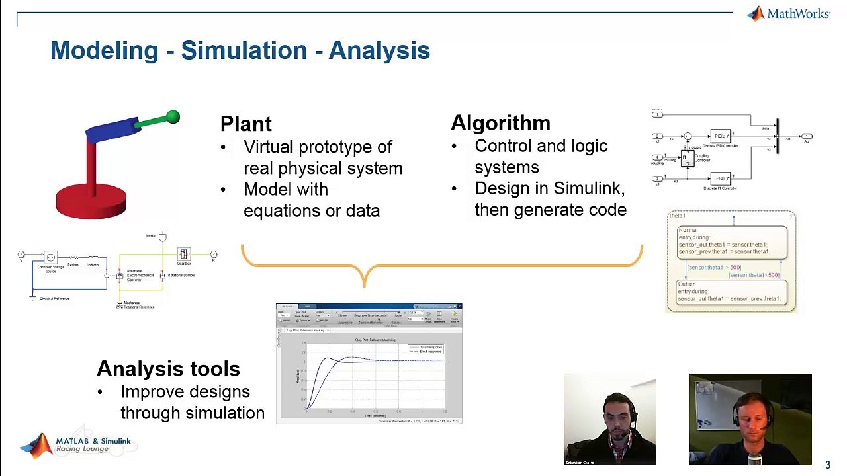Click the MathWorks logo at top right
pos(789,14)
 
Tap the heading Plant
pos(245,124)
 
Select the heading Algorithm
pos(500,123)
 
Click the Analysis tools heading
pos(168,369)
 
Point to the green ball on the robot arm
pos(173,117)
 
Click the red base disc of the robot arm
pos(91,201)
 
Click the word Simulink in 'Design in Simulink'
pos(588,188)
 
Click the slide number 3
pos(827,465)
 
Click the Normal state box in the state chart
pos(732,243)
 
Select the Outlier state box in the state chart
pos(732,292)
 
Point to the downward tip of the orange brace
pos(364,286)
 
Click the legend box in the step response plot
pos(425,349)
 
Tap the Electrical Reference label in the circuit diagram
pos(54,299)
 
